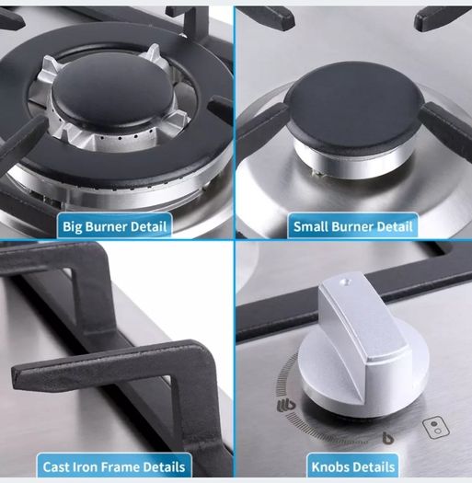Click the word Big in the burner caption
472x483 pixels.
coord(72,227)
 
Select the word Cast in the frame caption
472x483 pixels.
coord(55,467)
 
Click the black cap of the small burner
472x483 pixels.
coord(353,108)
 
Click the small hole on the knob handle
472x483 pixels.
coord(345,282)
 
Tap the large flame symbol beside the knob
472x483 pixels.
coord(286,406)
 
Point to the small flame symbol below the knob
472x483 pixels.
coord(387,438)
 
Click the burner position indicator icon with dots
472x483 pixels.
coord(435,427)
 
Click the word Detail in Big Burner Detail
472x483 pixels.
coord(149,226)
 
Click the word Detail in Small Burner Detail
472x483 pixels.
coord(395,226)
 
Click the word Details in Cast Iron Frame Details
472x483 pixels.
coord(164,467)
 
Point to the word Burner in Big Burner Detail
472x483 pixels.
coord(106,226)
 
